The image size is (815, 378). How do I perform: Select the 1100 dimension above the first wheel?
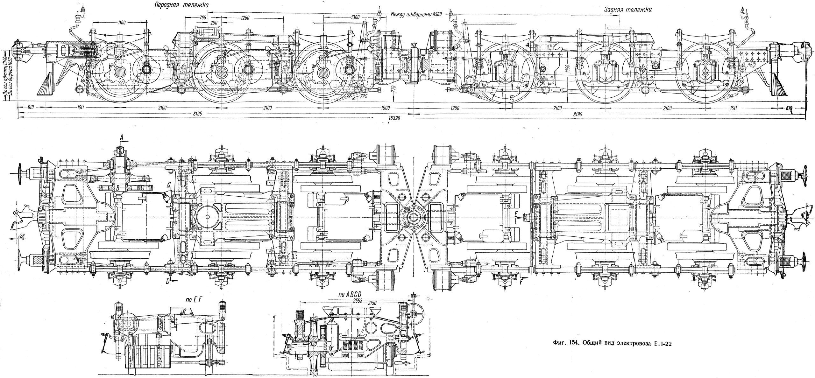[x=121, y=22]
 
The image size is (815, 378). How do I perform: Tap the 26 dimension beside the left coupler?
[x=22, y=235]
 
